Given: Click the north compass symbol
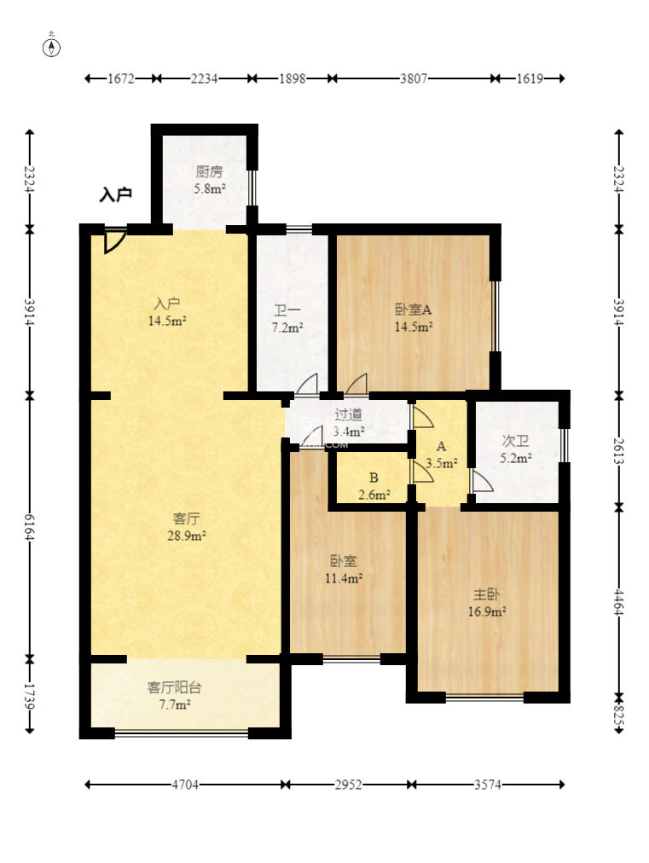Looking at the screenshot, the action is tap(51, 48).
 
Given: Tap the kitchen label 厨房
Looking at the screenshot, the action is tap(209, 171).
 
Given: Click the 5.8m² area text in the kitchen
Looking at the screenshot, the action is tap(209, 188).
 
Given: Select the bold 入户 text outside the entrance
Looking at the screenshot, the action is tap(116, 194).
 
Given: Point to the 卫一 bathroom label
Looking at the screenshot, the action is tap(287, 311).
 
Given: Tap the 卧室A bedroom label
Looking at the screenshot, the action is tap(414, 310).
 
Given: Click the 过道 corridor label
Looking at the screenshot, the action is tap(349, 414).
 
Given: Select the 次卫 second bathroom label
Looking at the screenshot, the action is tap(515, 441).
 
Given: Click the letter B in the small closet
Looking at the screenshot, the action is tap(374, 478).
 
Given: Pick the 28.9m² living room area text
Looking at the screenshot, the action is tap(187, 536).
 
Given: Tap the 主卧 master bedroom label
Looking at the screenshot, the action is tap(487, 594).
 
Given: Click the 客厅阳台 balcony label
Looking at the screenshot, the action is tap(175, 687).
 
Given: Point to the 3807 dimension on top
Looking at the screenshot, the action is tap(414, 78).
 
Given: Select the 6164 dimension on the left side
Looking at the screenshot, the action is tap(30, 527).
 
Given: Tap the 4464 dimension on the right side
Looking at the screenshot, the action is tap(618, 602).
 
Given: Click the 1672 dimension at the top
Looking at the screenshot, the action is tap(120, 78).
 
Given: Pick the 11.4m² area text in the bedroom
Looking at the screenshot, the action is tap(344, 578).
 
